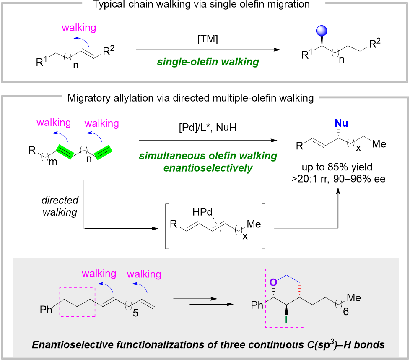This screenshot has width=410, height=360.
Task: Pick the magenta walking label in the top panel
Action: pos(78,28)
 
